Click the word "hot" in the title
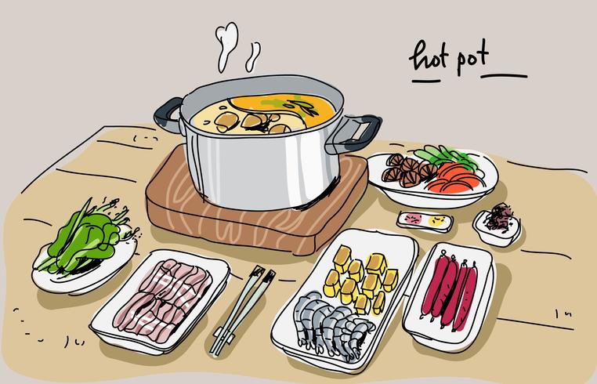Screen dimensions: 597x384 [x=429, y=59]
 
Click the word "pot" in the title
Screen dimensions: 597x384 [x=472, y=60]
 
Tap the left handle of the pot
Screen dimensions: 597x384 [x=168, y=116]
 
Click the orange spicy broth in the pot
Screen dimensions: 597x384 [x=284, y=107]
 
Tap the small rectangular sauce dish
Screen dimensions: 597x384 [x=425, y=222]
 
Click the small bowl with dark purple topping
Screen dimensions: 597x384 [x=498, y=226]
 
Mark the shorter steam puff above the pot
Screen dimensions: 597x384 [x=253, y=56]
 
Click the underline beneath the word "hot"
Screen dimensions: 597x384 [x=426, y=81]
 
